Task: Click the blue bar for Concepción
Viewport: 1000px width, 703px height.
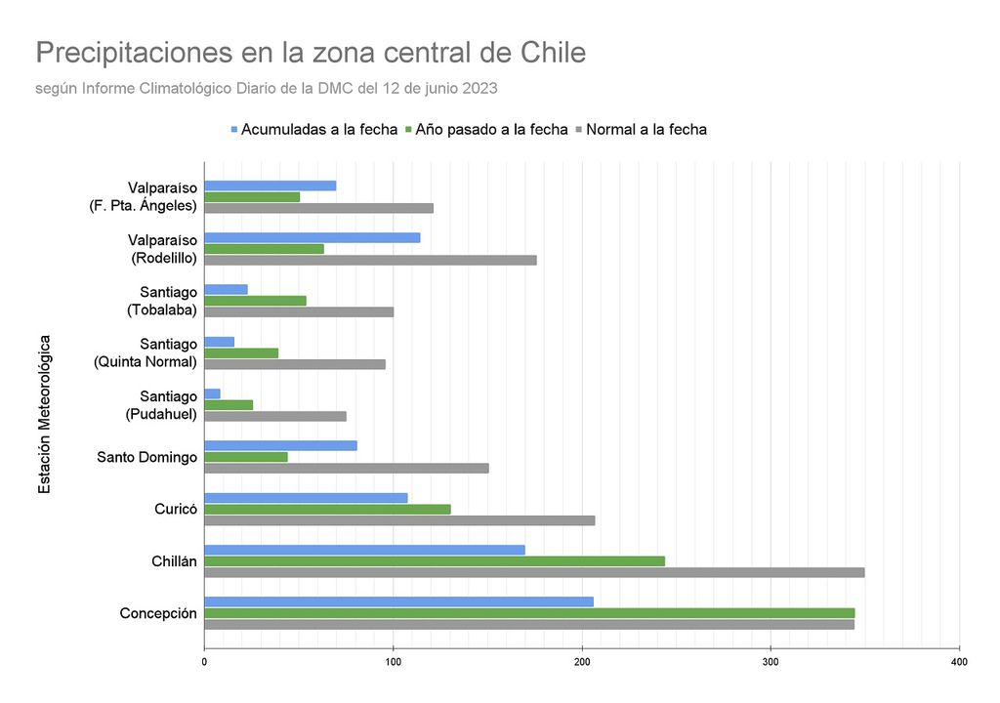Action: coord(398,601)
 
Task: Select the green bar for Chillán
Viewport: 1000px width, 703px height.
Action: coord(435,560)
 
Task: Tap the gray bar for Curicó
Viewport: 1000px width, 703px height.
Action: coord(399,520)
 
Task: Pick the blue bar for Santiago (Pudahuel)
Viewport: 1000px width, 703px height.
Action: coord(212,393)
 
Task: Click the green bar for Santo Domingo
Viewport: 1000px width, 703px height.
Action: coord(246,457)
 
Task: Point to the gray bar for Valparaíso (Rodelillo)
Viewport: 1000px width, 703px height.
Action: coord(370,260)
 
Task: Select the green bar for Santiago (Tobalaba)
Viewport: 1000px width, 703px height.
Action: coord(255,301)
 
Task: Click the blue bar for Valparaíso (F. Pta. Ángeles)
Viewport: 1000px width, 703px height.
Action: coord(271,186)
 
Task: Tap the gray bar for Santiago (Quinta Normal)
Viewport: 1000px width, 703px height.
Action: coord(295,364)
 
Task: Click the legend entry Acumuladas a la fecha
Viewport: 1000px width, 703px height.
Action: coord(312,129)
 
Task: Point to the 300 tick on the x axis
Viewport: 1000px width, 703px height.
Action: coord(771,662)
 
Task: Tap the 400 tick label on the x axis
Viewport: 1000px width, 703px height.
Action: coord(959,662)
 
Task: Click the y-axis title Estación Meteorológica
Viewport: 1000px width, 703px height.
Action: coord(45,414)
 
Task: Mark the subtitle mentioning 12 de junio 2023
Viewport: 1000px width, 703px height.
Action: coord(266,88)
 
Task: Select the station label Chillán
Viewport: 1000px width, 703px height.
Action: coord(174,561)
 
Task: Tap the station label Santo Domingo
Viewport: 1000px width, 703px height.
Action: coord(147,457)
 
